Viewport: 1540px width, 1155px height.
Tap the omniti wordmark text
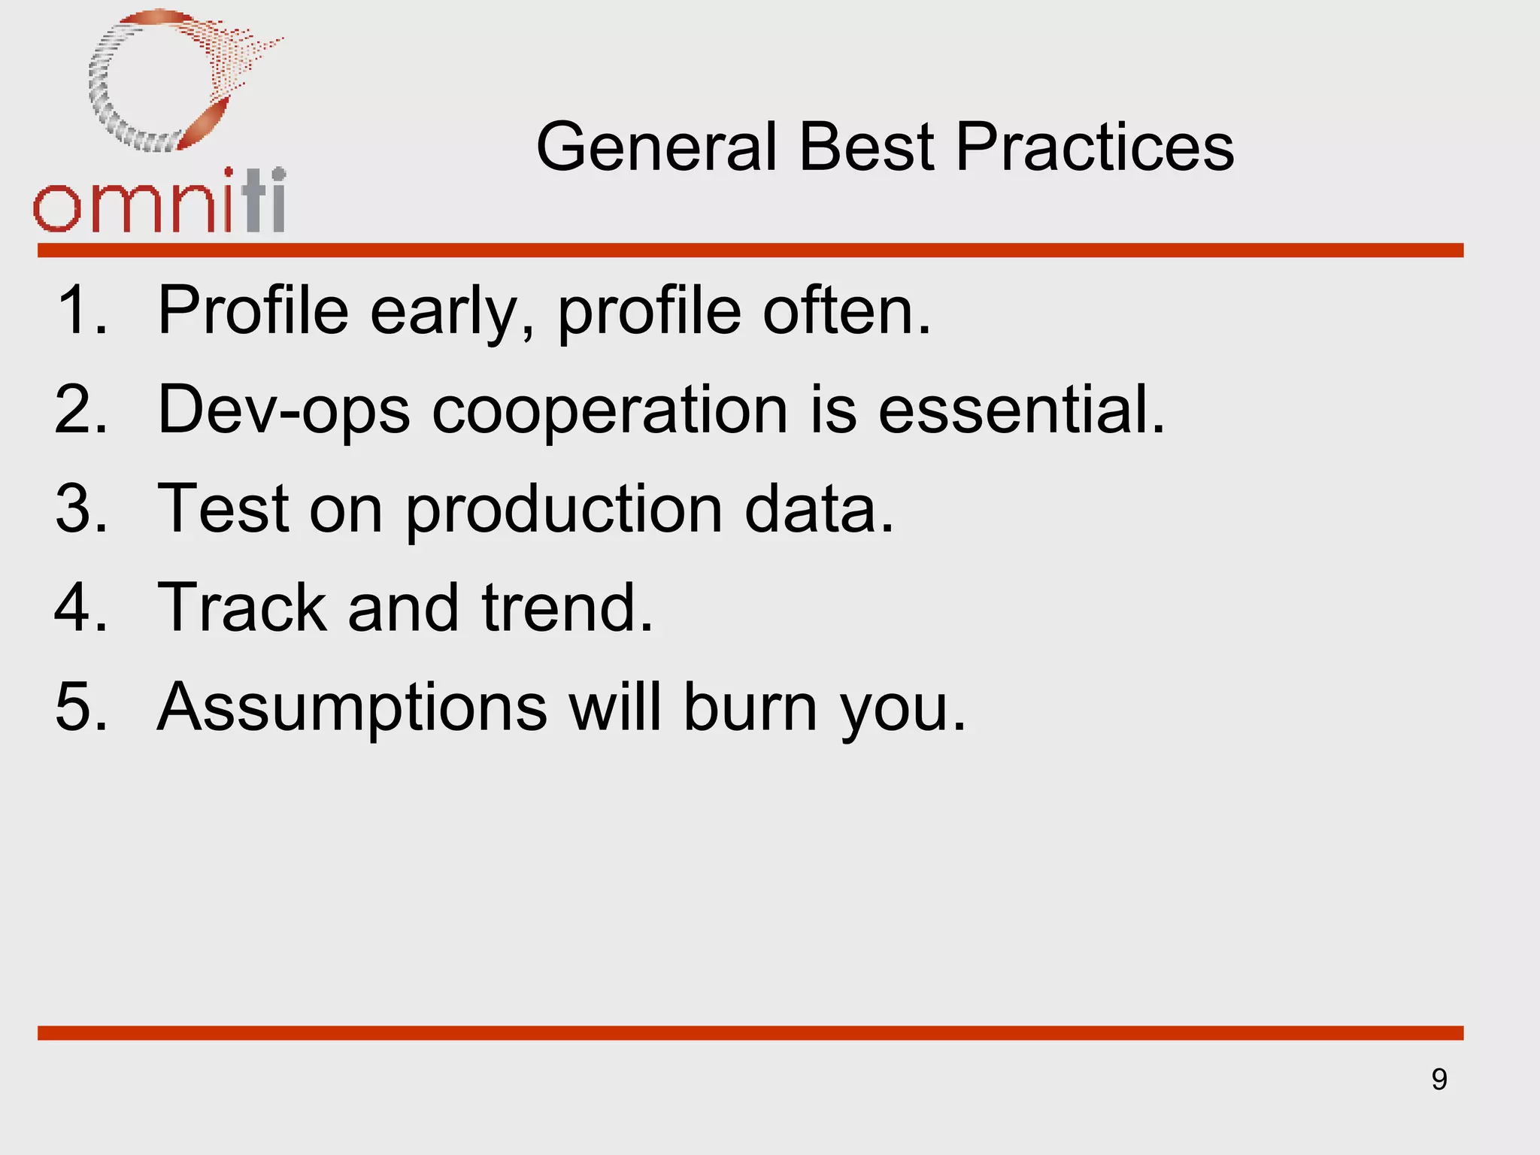pos(159,203)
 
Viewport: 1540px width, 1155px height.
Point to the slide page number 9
pos(1439,1080)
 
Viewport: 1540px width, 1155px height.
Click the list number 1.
pos(80,310)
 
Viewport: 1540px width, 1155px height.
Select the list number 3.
pos(80,509)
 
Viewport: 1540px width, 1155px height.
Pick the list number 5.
pos(80,707)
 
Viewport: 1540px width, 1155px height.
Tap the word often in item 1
pos(847,310)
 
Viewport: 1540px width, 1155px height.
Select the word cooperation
pos(610,411)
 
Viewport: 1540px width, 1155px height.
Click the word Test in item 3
pos(223,509)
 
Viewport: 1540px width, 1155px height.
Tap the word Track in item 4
pos(241,608)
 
